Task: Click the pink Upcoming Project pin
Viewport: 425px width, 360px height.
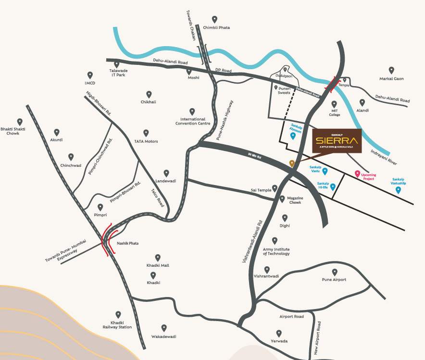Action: tap(357, 174)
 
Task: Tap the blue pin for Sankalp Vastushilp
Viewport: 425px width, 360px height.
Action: tap(398, 190)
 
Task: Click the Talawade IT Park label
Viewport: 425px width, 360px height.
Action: tap(117, 73)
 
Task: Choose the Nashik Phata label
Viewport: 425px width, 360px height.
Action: tap(128, 243)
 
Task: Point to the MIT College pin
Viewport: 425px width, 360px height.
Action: tap(334, 104)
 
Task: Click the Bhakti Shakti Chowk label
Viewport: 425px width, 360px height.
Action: tap(20, 131)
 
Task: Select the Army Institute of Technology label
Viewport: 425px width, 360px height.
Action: tap(276, 251)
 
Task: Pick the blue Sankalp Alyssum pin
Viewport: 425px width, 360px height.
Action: tap(293, 136)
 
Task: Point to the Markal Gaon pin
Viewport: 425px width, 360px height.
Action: tap(391, 70)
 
